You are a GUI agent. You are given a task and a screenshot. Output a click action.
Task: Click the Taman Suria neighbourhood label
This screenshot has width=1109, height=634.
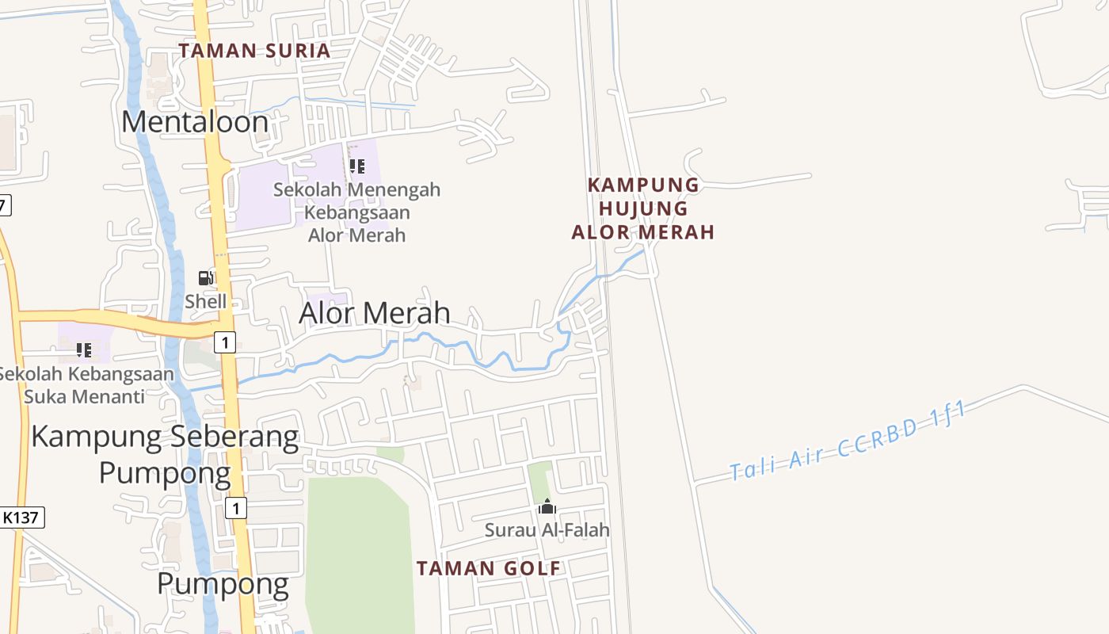pos(254,51)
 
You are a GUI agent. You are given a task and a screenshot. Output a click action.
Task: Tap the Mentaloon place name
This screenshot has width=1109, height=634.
pos(195,121)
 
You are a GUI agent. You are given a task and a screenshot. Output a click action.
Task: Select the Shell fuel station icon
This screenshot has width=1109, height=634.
pos(205,278)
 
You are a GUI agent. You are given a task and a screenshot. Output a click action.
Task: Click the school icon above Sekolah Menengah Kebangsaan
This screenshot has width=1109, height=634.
pos(356,166)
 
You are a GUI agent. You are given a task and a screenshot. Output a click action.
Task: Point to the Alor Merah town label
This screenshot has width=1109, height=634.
pos(375,313)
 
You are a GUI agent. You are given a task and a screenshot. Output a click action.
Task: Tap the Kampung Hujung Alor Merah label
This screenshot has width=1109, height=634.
pos(643,208)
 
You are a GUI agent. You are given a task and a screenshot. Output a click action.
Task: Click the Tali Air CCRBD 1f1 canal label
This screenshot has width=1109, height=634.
pos(848,441)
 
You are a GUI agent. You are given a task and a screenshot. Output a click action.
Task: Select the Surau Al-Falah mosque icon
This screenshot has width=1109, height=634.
pos(547,506)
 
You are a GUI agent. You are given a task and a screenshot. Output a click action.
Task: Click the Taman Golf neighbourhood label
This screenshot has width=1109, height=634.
pos(489,568)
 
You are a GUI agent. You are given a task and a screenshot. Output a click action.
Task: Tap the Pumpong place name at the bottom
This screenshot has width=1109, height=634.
pos(223,584)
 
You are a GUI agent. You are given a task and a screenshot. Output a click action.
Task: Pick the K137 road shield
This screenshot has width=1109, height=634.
pos(21,518)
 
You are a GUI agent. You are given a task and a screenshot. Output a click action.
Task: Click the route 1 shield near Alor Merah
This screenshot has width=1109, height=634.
pos(226,342)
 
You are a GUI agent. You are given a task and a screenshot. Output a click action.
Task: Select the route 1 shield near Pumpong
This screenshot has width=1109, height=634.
pos(235,508)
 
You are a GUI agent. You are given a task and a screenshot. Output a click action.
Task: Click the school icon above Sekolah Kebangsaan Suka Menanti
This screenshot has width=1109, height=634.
pos(84,349)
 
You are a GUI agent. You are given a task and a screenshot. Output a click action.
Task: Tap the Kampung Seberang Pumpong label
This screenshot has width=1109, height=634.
pos(165,453)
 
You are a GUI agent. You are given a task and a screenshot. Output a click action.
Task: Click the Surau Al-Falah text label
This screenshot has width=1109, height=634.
pos(547,529)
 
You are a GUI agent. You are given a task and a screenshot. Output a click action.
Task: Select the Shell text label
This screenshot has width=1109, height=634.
pos(205,301)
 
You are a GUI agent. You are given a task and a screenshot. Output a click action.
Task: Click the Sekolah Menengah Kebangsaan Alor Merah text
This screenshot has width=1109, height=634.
pos(356,212)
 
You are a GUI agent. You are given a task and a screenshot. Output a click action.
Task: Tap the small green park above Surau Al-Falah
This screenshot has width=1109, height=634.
pos(539,479)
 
